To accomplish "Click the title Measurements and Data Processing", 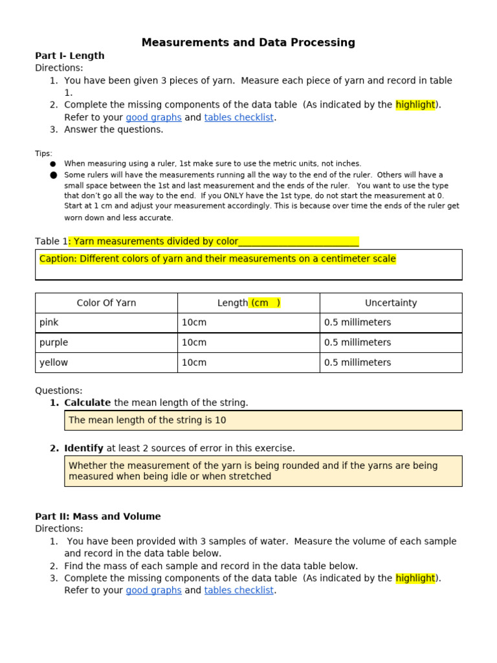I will pyautogui.click(x=248, y=43).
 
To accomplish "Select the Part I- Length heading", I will pyautogui.click(x=69, y=56).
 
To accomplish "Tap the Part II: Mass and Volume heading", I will pyautogui.click(x=98, y=517).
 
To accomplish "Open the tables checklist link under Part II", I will pyautogui.click(x=239, y=590).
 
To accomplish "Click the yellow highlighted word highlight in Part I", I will pyautogui.click(x=415, y=105).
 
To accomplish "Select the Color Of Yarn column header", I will pyautogui.click(x=106, y=303).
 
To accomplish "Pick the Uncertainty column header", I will pyautogui.click(x=391, y=303).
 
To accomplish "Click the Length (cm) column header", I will pyautogui.click(x=248, y=303).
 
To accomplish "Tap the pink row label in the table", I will pyautogui.click(x=49, y=322).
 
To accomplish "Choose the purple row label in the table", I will pyautogui.click(x=53, y=343).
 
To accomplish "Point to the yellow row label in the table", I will pyautogui.click(x=53, y=363).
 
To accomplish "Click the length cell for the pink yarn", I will pyautogui.click(x=194, y=322).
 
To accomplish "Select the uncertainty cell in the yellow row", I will pyautogui.click(x=357, y=363).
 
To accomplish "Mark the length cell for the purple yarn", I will pyautogui.click(x=194, y=343).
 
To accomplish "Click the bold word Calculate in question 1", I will pyautogui.click(x=87, y=403).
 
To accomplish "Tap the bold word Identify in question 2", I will pyautogui.click(x=83, y=448).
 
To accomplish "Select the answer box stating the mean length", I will pyautogui.click(x=263, y=420).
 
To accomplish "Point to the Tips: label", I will pyautogui.click(x=43, y=153).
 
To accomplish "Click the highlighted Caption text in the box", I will pyautogui.click(x=217, y=259).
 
